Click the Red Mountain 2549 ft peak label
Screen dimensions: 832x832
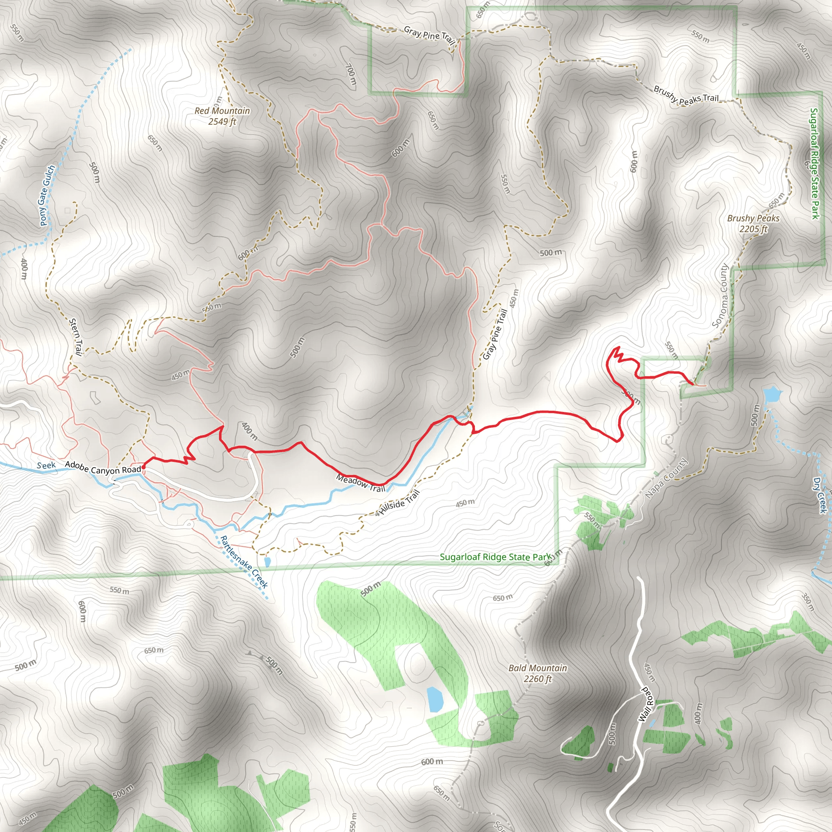click(x=222, y=116)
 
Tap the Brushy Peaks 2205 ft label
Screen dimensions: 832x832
click(x=753, y=223)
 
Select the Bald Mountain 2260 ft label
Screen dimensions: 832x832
click(x=537, y=673)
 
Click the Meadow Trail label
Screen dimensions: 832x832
click(x=361, y=483)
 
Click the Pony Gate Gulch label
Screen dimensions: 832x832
click(x=48, y=195)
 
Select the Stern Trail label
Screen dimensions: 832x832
click(x=76, y=337)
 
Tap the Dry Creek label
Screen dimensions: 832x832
click(x=819, y=495)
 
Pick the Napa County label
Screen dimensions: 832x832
click(x=666, y=479)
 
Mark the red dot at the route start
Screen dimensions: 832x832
click(x=143, y=466)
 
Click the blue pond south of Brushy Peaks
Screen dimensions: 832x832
click(x=772, y=394)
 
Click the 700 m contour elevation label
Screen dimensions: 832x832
click(x=351, y=74)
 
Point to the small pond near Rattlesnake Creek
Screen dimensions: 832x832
click(x=267, y=561)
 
